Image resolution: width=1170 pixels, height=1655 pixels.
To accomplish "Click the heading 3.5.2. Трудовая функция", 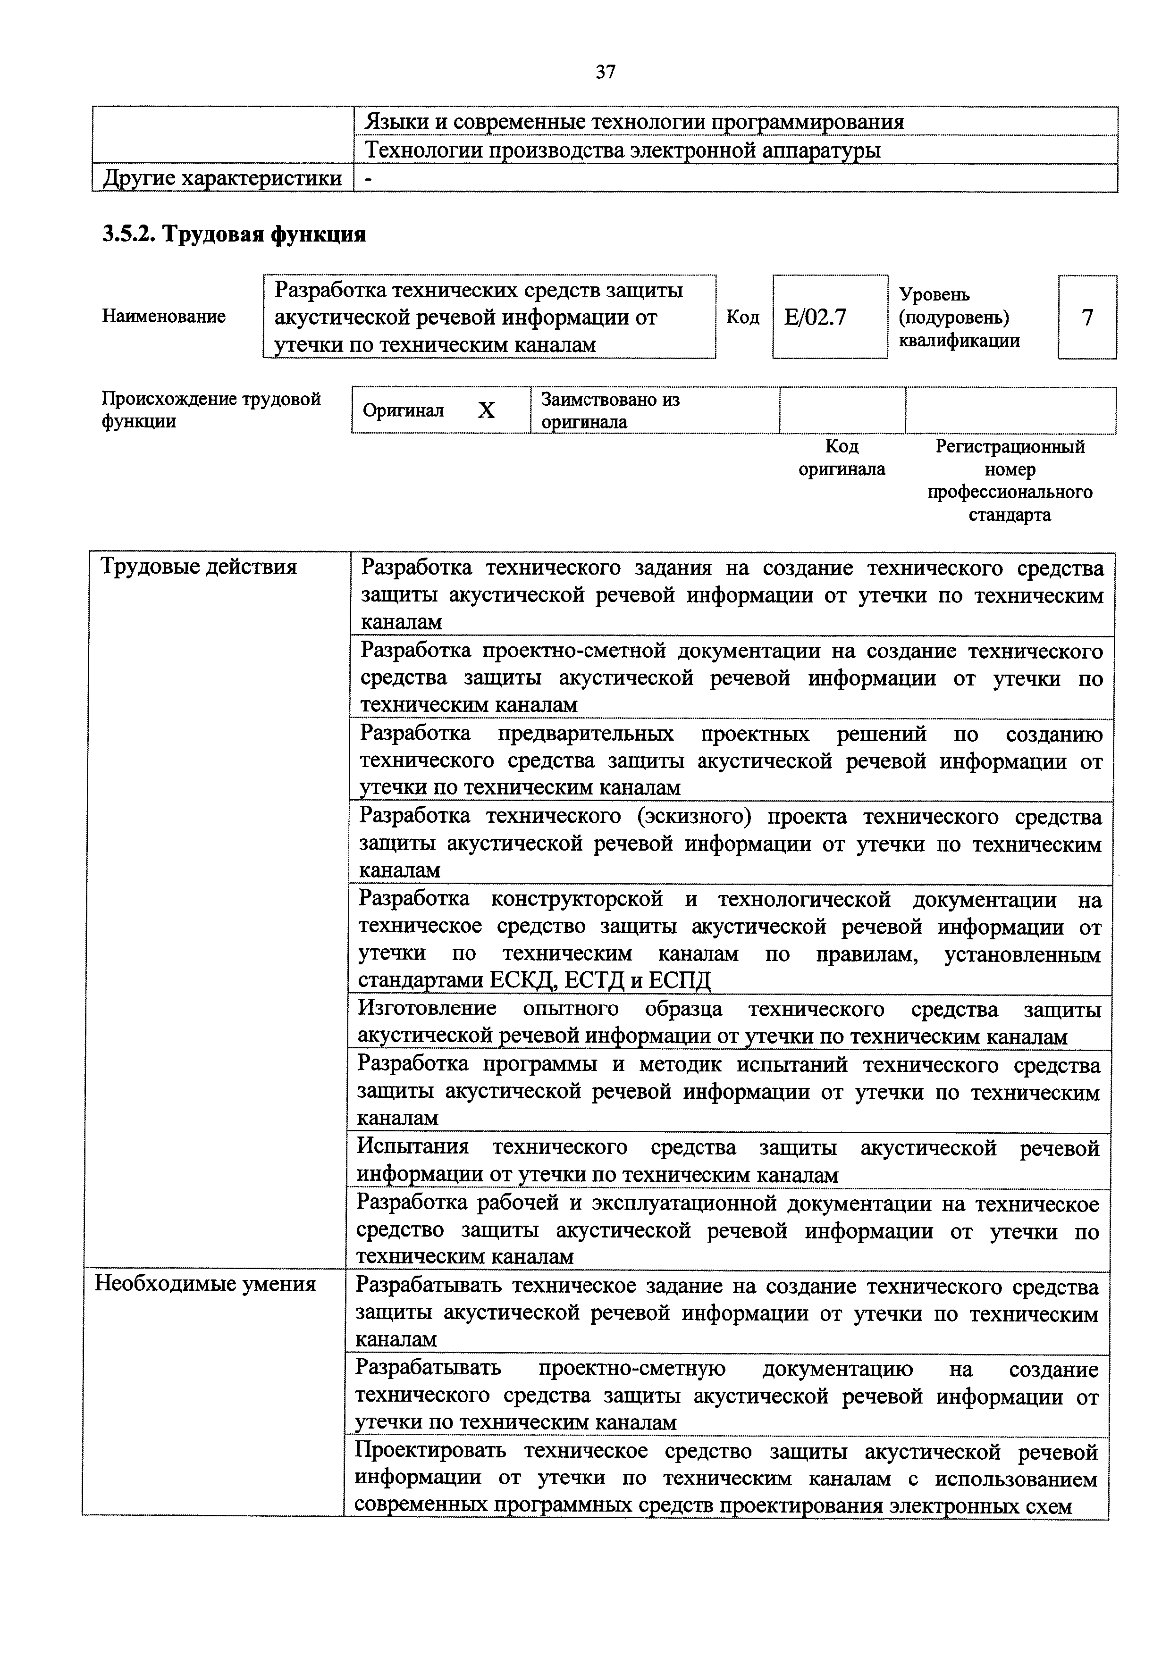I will (234, 234).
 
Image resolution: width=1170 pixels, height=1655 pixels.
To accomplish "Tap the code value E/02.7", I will (816, 317).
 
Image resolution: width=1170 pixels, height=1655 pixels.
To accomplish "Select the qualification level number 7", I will (1087, 317).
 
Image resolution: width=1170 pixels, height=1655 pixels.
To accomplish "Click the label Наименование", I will (164, 317).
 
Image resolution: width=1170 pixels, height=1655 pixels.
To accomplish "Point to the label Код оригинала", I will (841, 458).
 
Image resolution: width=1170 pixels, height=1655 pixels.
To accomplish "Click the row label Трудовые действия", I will (199, 567).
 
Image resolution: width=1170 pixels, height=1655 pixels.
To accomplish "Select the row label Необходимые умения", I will (205, 1284).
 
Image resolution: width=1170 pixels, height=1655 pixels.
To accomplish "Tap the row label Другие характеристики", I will (222, 178).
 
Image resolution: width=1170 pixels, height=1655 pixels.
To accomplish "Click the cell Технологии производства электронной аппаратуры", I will (623, 150).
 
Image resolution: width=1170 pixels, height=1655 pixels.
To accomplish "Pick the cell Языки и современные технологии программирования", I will (634, 122).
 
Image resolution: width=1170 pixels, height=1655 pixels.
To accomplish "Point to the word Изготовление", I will (427, 1009).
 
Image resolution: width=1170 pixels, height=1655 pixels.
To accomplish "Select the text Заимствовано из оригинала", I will (610, 410).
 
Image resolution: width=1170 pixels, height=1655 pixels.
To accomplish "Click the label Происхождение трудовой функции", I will (210, 410).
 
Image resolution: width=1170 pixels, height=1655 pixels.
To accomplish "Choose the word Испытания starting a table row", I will (413, 1147).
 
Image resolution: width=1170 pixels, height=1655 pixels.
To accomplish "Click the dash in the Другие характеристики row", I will (369, 179).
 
